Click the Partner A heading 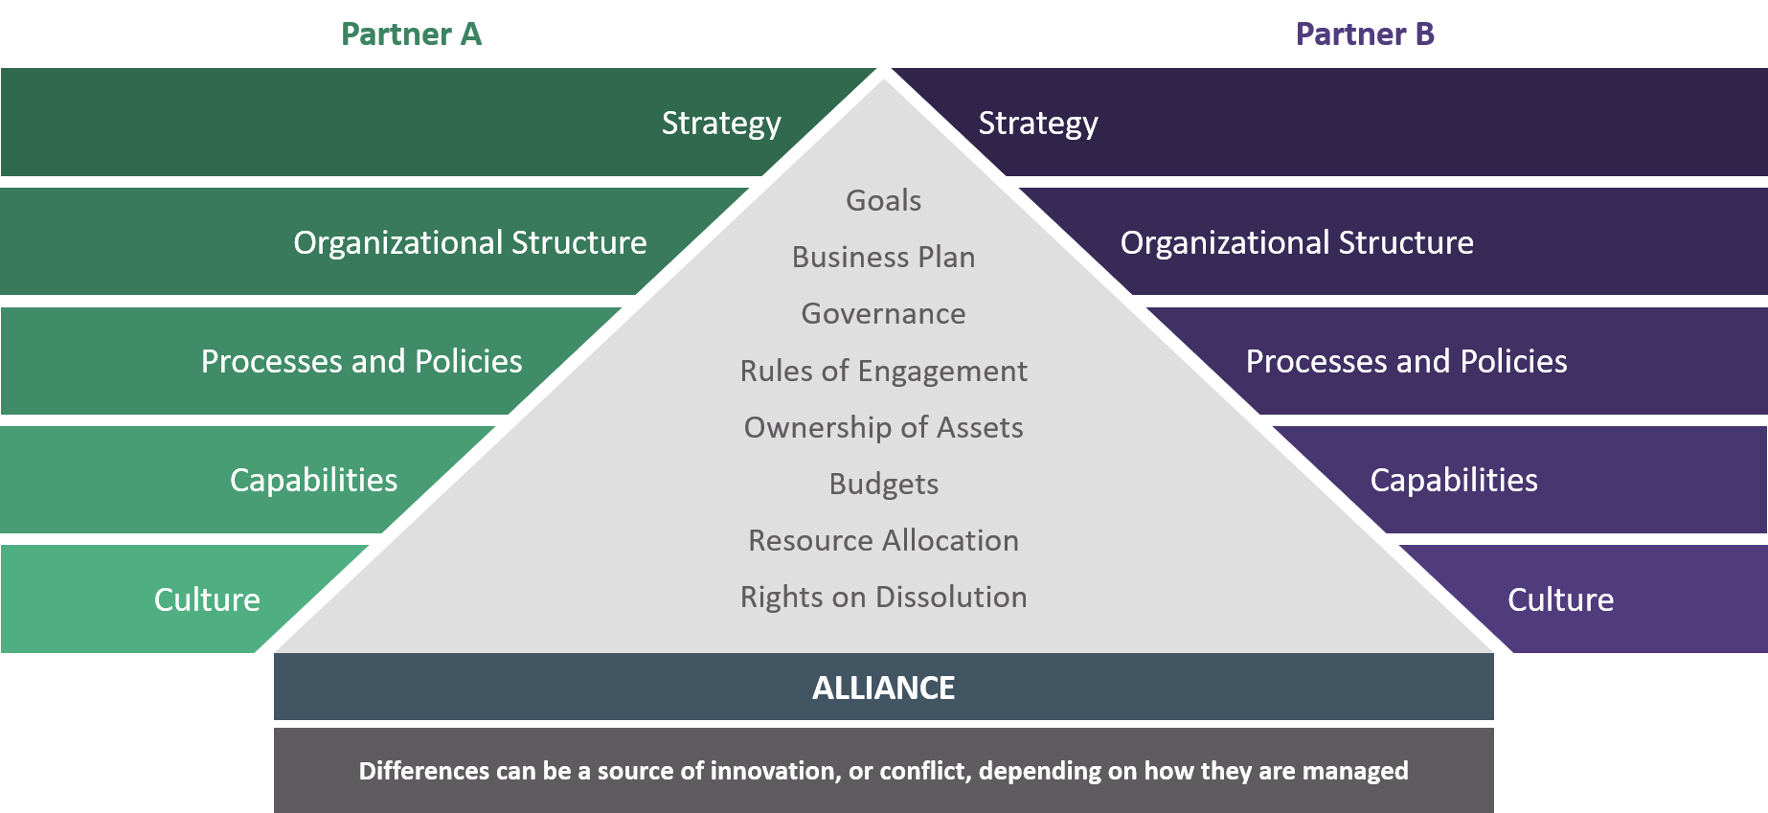(x=411, y=34)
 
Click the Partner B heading (x=1365, y=34)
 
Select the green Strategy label (x=721, y=124)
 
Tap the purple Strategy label (x=1038, y=124)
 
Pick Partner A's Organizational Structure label (x=469, y=242)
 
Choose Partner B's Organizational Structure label (x=1297, y=242)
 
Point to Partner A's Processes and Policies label (x=361, y=361)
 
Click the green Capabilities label (x=313, y=480)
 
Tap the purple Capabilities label (x=1454, y=480)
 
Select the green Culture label (x=207, y=599)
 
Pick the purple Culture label (x=1560, y=599)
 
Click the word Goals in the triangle (x=883, y=200)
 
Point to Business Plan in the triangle (x=883, y=257)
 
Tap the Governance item (x=883, y=313)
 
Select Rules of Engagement (x=883, y=371)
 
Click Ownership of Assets (x=883, y=427)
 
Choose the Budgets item (x=883, y=484)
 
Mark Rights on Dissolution (x=883, y=597)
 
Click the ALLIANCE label (x=883, y=688)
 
